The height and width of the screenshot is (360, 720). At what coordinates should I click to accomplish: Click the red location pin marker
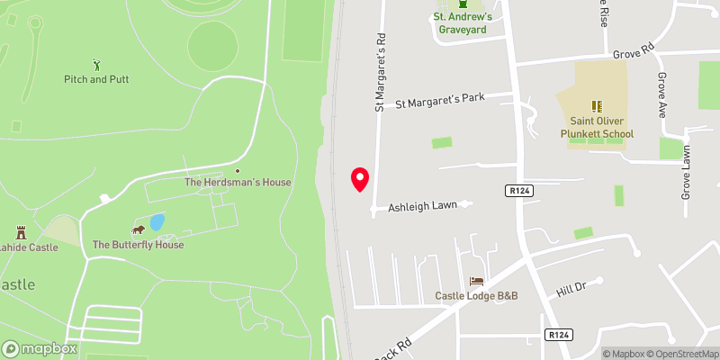tap(360, 179)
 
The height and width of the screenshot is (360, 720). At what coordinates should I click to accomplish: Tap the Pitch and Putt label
tap(96, 79)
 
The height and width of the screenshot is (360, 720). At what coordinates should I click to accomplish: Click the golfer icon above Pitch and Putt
tap(97, 64)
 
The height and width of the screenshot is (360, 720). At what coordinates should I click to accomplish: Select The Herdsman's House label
tap(238, 182)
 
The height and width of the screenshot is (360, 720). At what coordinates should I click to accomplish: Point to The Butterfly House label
tap(138, 245)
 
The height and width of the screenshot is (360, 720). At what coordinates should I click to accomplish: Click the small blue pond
tap(157, 221)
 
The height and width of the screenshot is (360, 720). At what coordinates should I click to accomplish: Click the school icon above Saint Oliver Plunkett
tap(595, 106)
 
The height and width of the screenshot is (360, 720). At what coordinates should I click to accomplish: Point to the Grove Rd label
tap(633, 54)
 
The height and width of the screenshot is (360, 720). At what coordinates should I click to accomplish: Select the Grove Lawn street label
tap(686, 172)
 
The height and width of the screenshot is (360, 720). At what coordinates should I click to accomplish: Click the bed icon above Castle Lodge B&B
tap(475, 281)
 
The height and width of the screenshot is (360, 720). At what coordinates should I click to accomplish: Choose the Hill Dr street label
tap(571, 287)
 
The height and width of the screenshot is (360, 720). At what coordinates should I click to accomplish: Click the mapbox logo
tap(40, 348)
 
